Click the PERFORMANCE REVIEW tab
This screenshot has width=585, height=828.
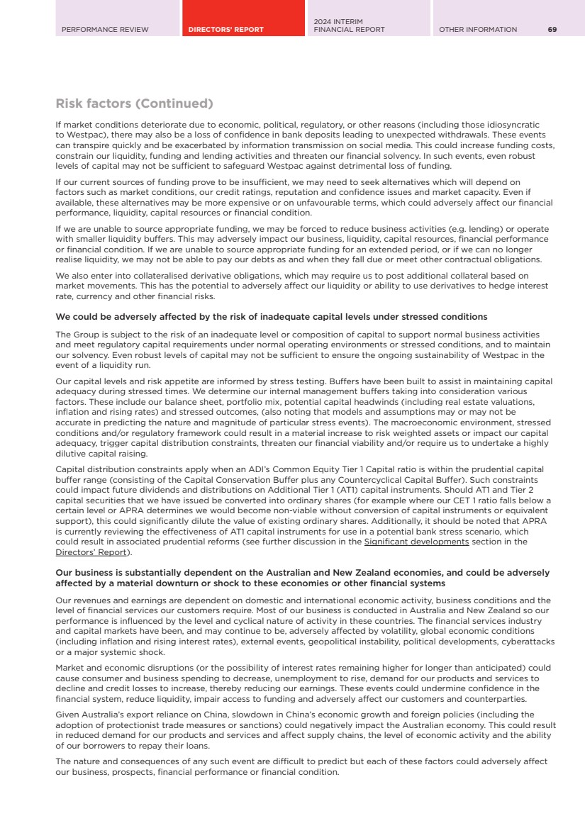pos(105,29)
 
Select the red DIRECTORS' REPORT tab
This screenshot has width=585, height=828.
pos(225,29)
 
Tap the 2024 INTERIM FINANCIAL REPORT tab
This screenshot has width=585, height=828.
pos(349,26)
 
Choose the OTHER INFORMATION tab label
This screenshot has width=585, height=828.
pos(478,29)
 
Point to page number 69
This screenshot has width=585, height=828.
pos(552,29)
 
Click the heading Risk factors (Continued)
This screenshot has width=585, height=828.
pos(134,104)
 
